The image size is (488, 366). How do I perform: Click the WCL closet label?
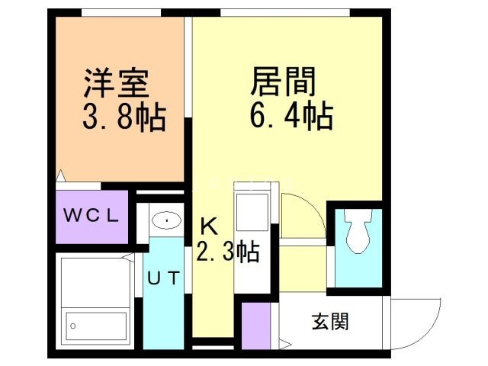91,215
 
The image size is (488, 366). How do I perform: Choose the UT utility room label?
163,278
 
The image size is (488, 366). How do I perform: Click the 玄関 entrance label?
329,322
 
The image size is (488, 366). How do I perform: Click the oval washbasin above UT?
165,221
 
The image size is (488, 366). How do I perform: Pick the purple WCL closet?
91,216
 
